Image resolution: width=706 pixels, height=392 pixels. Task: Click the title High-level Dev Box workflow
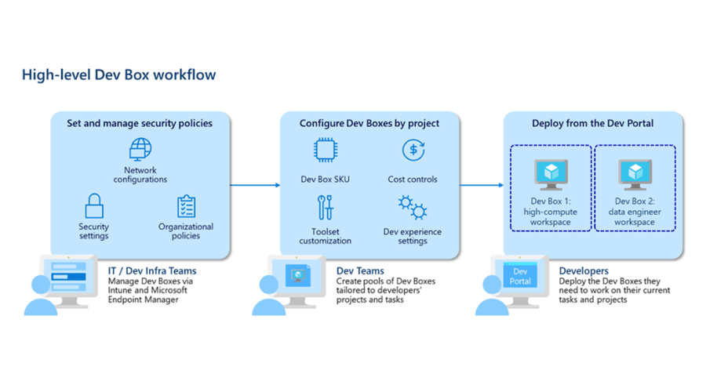click(119, 74)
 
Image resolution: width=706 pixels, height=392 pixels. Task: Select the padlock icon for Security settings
click(94, 206)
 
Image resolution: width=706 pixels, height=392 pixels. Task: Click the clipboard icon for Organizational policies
click(186, 206)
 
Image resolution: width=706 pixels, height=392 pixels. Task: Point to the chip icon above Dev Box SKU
click(325, 150)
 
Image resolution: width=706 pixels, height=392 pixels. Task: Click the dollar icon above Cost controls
click(413, 150)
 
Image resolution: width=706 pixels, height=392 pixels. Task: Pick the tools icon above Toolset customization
click(325, 208)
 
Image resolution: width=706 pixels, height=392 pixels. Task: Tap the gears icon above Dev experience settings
click(413, 208)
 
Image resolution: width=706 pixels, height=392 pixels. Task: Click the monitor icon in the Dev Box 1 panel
click(551, 175)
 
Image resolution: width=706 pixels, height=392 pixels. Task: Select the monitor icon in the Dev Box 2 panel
click(635, 175)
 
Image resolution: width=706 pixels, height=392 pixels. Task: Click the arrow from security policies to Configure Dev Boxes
click(255, 185)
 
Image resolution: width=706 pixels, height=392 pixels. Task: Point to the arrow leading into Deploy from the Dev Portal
click(482, 185)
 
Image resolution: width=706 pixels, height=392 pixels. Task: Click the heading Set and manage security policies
click(140, 123)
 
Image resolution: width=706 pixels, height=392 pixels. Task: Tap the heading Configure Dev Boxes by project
click(369, 123)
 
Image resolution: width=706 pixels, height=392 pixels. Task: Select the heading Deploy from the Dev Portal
click(592, 123)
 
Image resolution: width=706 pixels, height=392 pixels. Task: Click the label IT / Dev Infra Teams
click(152, 271)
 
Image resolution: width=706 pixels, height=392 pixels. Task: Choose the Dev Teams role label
click(360, 271)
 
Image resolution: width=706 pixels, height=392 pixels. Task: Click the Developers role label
click(584, 271)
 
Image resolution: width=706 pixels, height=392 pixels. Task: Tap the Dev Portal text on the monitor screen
click(520, 276)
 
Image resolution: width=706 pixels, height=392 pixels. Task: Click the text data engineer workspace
click(635, 217)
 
